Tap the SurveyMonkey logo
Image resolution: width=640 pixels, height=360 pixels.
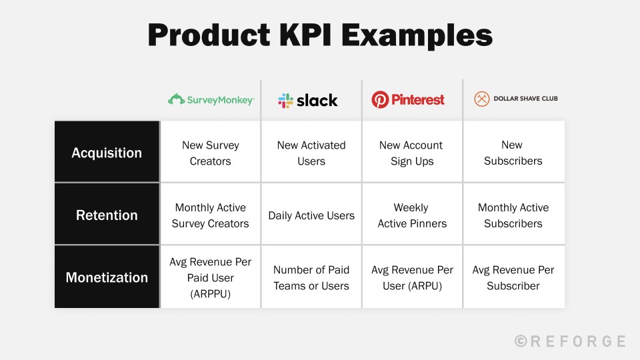tap(211, 100)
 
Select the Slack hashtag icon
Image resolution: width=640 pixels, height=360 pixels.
tap(285, 101)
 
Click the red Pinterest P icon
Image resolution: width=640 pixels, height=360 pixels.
tap(380, 100)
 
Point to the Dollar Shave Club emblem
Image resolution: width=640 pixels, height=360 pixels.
tap(481, 99)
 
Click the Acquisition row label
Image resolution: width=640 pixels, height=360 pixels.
tap(107, 153)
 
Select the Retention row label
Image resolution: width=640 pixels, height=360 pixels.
tap(107, 215)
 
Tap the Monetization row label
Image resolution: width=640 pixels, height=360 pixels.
tap(107, 277)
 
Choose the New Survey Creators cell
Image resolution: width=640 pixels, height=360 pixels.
tap(211, 153)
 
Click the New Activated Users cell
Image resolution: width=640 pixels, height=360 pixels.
tap(311, 153)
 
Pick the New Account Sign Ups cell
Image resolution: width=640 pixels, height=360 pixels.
tap(412, 153)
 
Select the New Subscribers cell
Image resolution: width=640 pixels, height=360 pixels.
tap(513, 153)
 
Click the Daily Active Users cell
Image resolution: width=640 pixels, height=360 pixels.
tap(311, 215)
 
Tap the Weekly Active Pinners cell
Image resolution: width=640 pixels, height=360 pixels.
tap(412, 215)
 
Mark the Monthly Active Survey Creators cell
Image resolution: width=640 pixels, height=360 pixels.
tap(211, 215)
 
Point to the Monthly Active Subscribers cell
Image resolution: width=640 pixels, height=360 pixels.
tap(513, 215)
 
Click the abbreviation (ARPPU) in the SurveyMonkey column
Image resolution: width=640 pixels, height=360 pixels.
tap(211, 294)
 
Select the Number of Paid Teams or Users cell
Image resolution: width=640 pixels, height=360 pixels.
tap(311, 277)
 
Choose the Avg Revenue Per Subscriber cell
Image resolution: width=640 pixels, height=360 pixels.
tap(513, 277)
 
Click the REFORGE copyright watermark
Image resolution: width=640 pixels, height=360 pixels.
tap(571, 341)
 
